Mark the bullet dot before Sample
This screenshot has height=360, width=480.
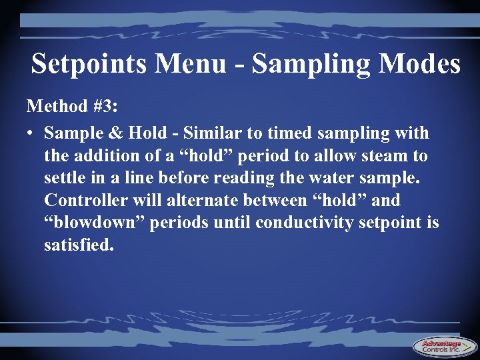(31, 134)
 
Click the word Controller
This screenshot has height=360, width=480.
(85, 201)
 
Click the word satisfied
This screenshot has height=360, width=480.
(79, 245)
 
